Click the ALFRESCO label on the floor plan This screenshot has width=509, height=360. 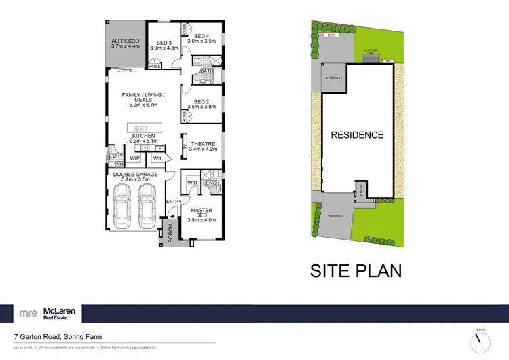tap(125, 41)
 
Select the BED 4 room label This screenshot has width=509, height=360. tap(202, 36)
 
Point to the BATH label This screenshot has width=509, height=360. tap(206, 71)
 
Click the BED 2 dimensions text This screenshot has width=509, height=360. tap(202, 107)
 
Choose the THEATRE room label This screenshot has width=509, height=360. tap(203, 144)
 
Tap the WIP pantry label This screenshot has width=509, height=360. tap(134, 159)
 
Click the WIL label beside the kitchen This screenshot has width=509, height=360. tap(157, 159)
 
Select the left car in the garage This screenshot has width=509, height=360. tap(123, 206)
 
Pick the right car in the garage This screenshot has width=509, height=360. tap(147, 206)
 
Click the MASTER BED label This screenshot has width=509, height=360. tap(202, 214)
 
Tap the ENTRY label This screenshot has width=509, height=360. tap(173, 202)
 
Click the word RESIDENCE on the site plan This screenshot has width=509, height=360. tap(357, 134)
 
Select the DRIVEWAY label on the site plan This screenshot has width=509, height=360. tap(337, 217)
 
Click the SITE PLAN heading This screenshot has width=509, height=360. tap(356, 270)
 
